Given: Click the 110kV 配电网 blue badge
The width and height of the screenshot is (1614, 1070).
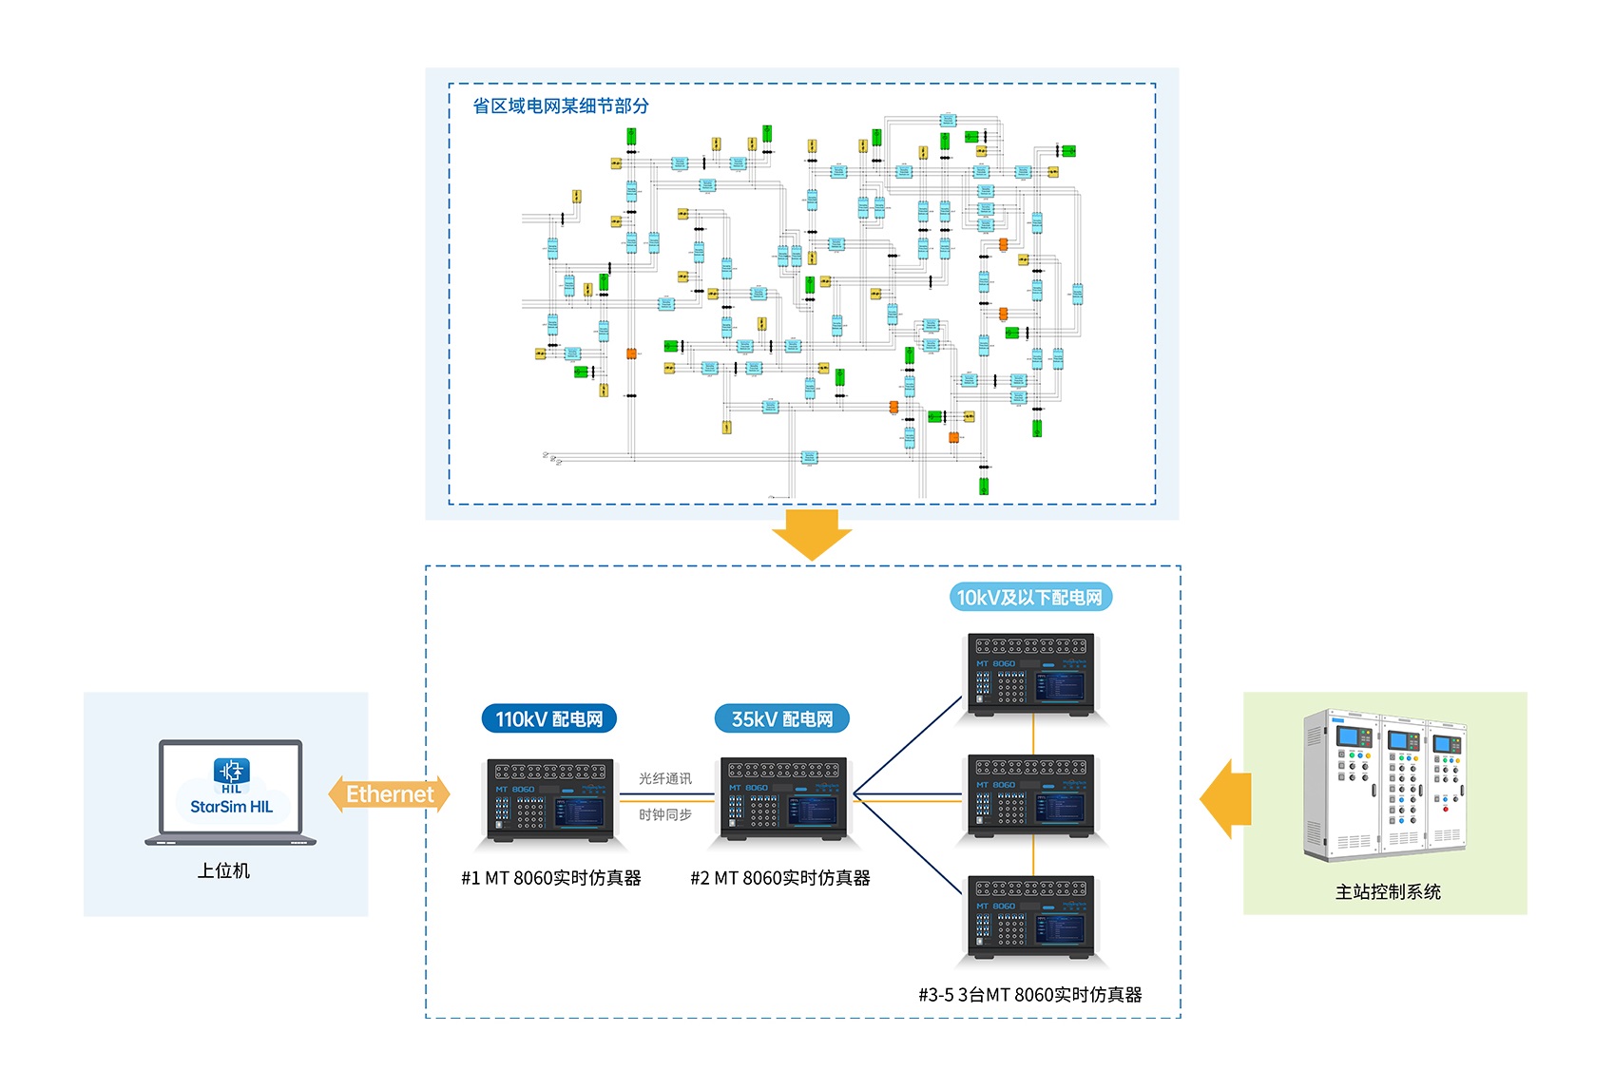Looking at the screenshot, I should pyautogui.click(x=549, y=719).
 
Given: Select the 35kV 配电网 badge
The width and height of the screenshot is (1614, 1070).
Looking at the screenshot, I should pyautogui.click(x=781, y=719).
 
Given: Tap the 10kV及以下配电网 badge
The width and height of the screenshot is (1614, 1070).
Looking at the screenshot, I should pyautogui.click(x=1029, y=598).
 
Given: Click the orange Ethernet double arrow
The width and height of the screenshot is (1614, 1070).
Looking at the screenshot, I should pyautogui.click(x=389, y=794).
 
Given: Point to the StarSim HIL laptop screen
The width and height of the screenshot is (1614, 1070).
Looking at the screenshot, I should pyautogui.click(x=231, y=789).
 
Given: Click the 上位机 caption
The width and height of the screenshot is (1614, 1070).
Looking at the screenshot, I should pyautogui.click(x=223, y=870).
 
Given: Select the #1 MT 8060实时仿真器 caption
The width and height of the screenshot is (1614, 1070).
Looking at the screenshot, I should pyautogui.click(x=551, y=878).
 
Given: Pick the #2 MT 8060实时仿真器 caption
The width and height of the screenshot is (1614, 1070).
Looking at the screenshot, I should pyautogui.click(x=780, y=878).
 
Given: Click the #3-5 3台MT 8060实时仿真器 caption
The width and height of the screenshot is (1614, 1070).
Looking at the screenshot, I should pyautogui.click(x=1030, y=995).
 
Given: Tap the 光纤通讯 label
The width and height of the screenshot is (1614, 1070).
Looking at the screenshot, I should pyautogui.click(x=665, y=779).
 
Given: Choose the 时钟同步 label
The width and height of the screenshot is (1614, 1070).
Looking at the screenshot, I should pyautogui.click(x=665, y=815).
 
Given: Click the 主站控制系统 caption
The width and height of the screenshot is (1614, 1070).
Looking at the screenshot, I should pyautogui.click(x=1388, y=891).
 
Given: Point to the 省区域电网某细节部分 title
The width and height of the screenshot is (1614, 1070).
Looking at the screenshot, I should pyautogui.click(x=561, y=106).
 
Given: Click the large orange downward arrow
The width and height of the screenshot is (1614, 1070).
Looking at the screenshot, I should pyautogui.click(x=812, y=534).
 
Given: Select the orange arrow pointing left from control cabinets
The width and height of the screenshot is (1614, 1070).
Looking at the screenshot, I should pyautogui.click(x=1225, y=798).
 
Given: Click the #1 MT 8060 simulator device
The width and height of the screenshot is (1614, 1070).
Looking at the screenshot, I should pyautogui.click(x=549, y=799).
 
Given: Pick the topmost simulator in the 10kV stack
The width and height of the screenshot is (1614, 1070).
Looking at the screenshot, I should pyautogui.click(x=1031, y=674).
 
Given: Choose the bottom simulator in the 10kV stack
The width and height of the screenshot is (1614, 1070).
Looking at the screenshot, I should pyautogui.click(x=1031, y=917).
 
